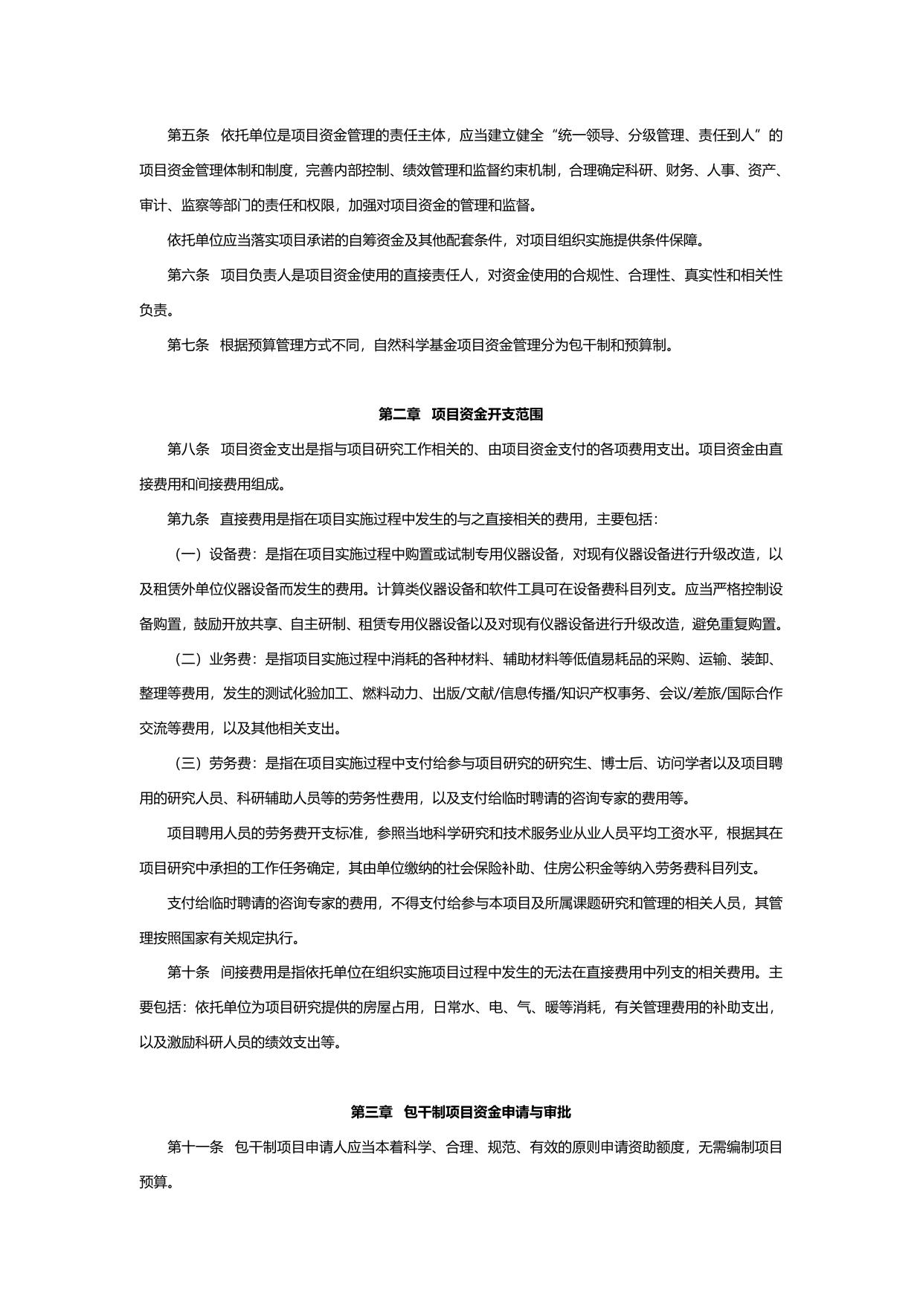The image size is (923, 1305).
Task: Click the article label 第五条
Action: pos(188,135)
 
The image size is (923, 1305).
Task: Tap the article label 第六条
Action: pos(188,275)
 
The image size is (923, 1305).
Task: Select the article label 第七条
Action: pos(188,345)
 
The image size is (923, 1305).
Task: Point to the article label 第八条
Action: pos(188,449)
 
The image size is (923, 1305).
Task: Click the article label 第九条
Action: pos(188,519)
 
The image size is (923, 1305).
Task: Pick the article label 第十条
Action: pos(188,972)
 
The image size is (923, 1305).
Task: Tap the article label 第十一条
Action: pos(195,1147)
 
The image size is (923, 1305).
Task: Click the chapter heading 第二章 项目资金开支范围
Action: pos(461,414)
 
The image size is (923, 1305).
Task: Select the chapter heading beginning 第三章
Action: pos(461,1112)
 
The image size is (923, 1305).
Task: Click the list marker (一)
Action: pos(188,554)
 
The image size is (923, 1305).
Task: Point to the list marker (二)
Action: pos(188,659)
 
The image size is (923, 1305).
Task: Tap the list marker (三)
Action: pos(188,763)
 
